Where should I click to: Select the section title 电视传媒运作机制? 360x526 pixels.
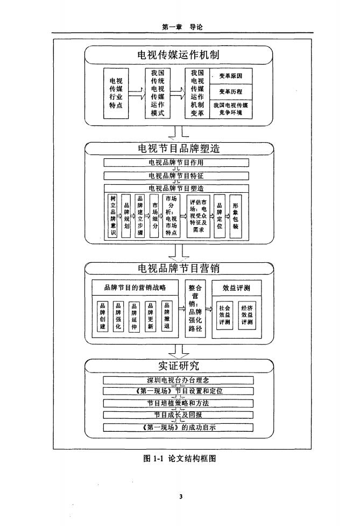pyautogui.click(x=179, y=55)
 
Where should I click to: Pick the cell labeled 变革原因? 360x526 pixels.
pyautogui.click(x=230, y=77)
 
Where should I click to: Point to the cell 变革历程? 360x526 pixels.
pyautogui.click(x=230, y=92)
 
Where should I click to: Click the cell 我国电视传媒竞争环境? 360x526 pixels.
pyautogui.click(x=230, y=109)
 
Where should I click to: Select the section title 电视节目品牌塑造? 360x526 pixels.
pyautogui.click(x=179, y=148)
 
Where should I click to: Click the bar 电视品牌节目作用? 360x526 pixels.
pyautogui.click(x=176, y=162)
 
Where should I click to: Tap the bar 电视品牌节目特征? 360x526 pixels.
pyautogui.click(x=176, y=176)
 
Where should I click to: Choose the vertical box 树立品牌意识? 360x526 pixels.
pyautogui.click(x=112, y=216)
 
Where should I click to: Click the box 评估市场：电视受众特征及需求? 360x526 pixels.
pyautogui.click(x=201, y=216)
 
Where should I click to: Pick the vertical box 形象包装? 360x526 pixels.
pyautogui.click(x=235, y=216)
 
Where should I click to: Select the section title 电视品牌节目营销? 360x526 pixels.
pyautogui.click(x=179, y=268)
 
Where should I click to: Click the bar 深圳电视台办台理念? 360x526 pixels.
pyautogui.click(x=178, y=380)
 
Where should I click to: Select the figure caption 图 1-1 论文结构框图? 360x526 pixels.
pyautogui.click(x=179, y=458)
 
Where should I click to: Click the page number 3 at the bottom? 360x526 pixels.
pyautogui.click(x=181, y=496)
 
